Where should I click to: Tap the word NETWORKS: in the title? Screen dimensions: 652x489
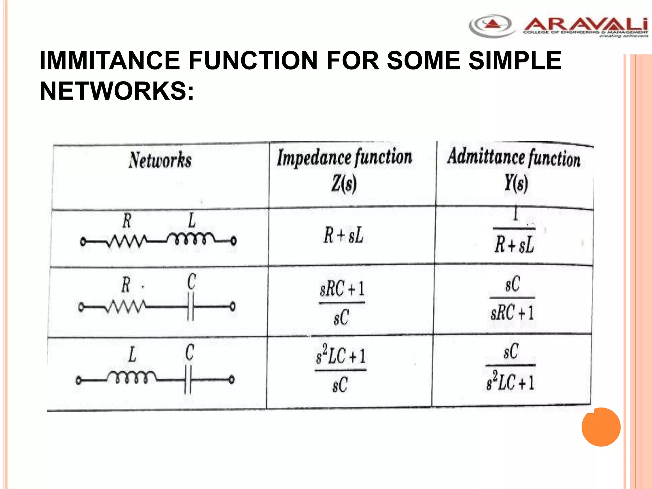(x=117, y=91)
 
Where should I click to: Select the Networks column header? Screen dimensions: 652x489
(x=160, y=160)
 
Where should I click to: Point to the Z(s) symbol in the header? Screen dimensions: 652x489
(x=344, y=184)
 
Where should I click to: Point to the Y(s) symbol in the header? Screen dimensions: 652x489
(x=516, y=183)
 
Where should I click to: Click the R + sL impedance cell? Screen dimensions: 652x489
(x=344, y=236)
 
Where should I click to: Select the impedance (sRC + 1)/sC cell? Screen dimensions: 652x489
(x=342, y=302)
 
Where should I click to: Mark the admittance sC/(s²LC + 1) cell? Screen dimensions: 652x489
(x=510, y=366)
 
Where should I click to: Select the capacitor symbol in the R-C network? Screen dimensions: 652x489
(x=191, y=307)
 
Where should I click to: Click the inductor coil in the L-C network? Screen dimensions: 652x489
(x=131, y=378)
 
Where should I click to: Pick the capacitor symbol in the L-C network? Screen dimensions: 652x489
(x=188, y=379)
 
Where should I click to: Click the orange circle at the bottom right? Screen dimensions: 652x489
(x=601, y=427)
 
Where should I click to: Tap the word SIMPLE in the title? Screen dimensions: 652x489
(x=515, y=60)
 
